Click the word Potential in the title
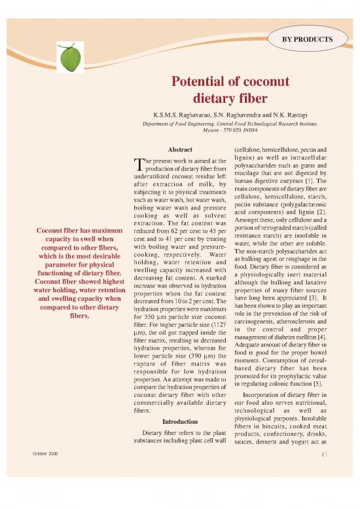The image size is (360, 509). (x=203, y=84)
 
